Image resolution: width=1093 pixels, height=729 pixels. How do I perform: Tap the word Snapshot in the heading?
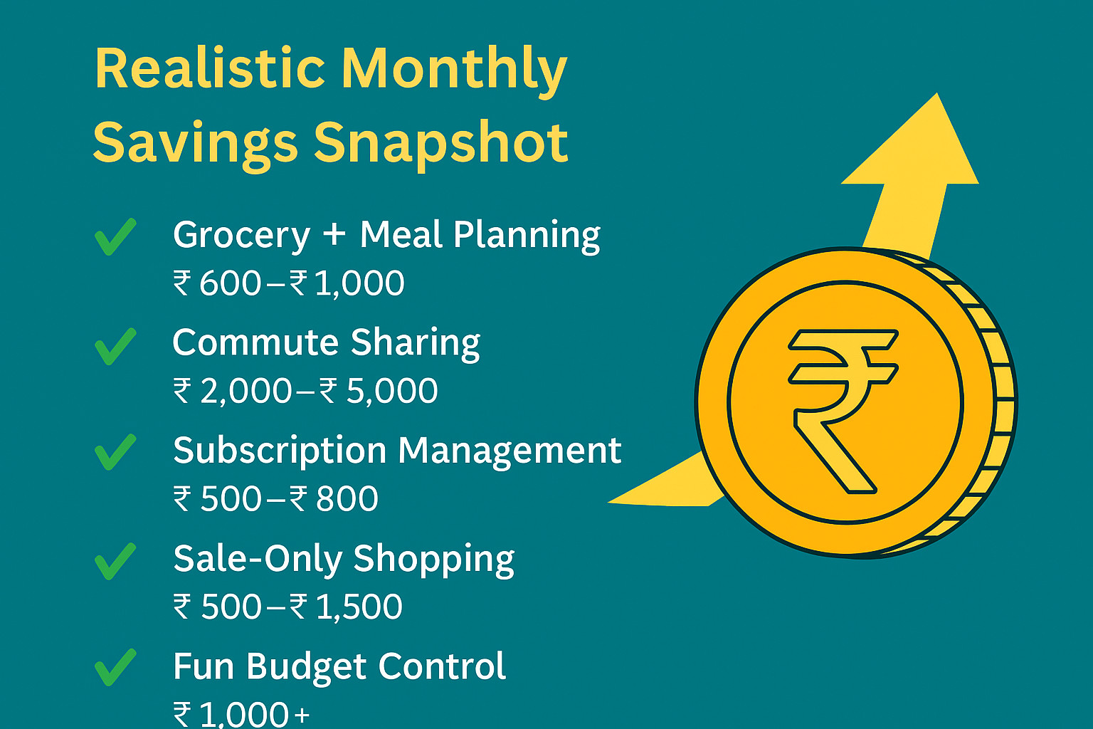(441, 145)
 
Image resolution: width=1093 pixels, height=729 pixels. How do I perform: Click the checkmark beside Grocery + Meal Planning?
(115, 236)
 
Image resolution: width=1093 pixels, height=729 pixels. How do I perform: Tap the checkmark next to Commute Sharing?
(115, 346)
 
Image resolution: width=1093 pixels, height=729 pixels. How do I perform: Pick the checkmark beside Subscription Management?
(115, 451)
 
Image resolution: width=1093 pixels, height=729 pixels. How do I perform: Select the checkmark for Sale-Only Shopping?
(115, 561)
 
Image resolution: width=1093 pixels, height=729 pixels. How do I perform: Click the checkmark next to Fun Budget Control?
(115, 667)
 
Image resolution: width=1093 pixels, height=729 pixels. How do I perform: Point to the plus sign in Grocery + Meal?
(334, 234)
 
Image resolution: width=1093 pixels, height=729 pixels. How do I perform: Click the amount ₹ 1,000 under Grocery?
(347, 283)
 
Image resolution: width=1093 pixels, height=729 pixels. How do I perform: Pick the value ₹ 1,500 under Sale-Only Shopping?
(346, 607)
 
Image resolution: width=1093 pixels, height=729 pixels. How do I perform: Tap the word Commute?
(255, 342)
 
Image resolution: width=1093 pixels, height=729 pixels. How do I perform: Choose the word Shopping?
(434, 560)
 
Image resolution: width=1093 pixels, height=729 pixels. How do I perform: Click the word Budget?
(307, 667)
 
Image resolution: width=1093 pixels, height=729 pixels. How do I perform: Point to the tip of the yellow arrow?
(937, 93)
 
